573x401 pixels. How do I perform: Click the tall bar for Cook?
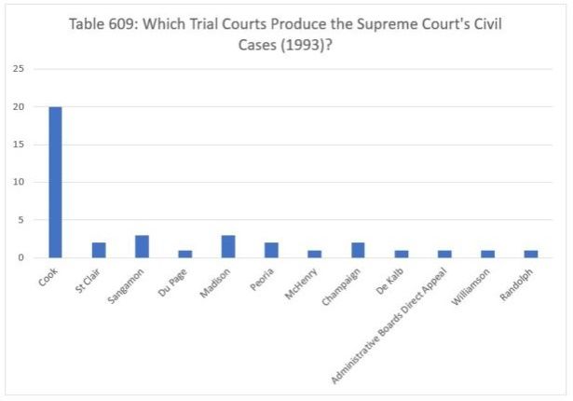pyautogui.click(x=55, y=182)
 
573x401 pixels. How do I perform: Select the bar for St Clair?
pyautogui.click(x=99, y=250)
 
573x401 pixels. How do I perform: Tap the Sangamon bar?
pyautogui.click(x=142, y=246)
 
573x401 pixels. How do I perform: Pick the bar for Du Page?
pyautogui.click(x=184, y=254)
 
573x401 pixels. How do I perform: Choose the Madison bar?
pyautogui.click(x=228, y=246)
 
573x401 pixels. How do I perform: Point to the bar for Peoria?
pyautogui.click(x=271, y=250)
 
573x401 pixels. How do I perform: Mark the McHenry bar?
pyautogui.click(x=314, y=254)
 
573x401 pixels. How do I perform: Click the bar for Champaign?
pyautogui.click(x=358, y=250)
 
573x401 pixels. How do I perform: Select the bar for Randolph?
pyautogui.click(x=530, y=254)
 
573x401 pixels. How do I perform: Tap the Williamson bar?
pyautogui.click(x=487, y=254)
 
